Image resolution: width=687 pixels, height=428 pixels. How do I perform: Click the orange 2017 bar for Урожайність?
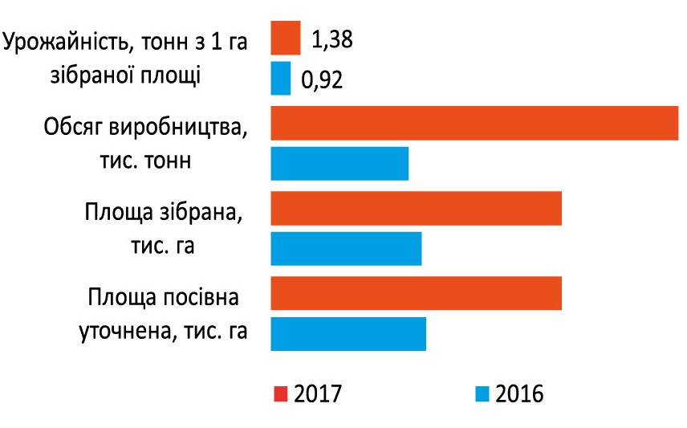[x=285, y=38]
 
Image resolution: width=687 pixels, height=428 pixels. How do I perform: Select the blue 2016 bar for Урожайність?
[x=280, y=79]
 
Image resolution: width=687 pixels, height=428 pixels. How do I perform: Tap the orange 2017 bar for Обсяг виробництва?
[x=474, y=123]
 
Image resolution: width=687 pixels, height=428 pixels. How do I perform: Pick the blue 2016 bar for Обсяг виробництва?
[x=339, y=164]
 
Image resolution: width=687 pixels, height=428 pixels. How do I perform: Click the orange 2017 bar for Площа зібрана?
[x=416, y=208]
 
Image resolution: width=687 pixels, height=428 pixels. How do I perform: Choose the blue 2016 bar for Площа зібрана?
[x=346, y=248]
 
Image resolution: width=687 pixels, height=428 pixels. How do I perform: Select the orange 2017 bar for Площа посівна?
[x=416, y=293]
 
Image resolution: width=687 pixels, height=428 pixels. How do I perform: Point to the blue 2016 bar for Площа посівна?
[x=348, y=333]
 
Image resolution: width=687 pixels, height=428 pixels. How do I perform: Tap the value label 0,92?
[x=321, y=80]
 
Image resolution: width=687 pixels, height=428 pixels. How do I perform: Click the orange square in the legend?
[x=280, y=393]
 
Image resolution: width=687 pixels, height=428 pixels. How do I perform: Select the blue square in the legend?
[x=482, y=393]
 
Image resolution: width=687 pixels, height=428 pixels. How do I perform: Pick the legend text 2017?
[x=319, y=393]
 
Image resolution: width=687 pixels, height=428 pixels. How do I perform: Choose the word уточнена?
[x=124, y=330]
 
